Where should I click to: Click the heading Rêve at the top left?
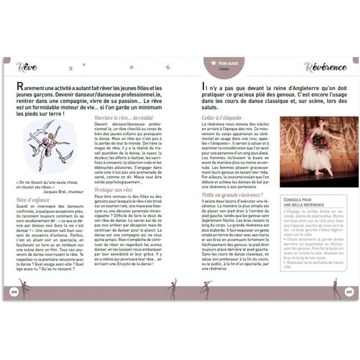(27, 67)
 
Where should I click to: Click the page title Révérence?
(325, 67)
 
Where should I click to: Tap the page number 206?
(13, 292)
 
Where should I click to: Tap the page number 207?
(349, 292)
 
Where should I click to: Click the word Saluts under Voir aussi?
(224, 69)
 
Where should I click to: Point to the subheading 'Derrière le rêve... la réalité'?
(121, 117)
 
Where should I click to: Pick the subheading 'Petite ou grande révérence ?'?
(233, 194)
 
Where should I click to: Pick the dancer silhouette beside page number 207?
(336, 289)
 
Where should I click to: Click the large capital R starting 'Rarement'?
(19, 87)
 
